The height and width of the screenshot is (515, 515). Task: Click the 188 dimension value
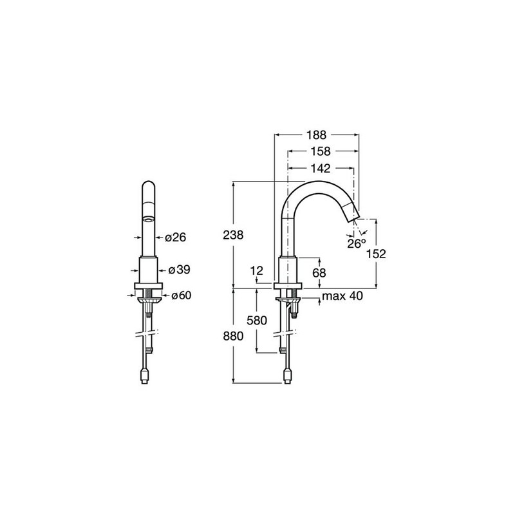[316, 135]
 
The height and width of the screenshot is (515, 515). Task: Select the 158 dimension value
[321, 151]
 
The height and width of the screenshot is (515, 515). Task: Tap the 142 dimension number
[321, 169]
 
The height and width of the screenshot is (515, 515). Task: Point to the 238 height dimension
[233, 235]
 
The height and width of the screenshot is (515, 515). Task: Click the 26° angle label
[357, 244]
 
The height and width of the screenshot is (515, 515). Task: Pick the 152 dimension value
[376, 254]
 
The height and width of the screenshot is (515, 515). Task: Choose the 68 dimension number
[319, 272]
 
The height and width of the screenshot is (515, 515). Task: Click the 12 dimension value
[257, 270]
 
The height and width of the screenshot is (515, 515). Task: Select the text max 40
[342, 296]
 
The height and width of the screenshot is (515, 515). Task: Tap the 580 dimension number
[257, 320]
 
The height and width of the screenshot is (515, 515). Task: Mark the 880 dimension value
[233, 336]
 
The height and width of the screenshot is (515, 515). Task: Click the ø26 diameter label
[175, 237]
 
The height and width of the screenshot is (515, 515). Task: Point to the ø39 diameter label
[179, 270]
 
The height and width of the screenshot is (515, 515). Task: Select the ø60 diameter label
[181, 295]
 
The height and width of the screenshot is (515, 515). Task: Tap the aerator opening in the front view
[149, 220]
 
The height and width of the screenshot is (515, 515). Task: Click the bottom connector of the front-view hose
[144, 376]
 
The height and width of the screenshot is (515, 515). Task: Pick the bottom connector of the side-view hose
[288, 376]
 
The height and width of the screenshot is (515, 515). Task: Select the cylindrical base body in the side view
[288, 269]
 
